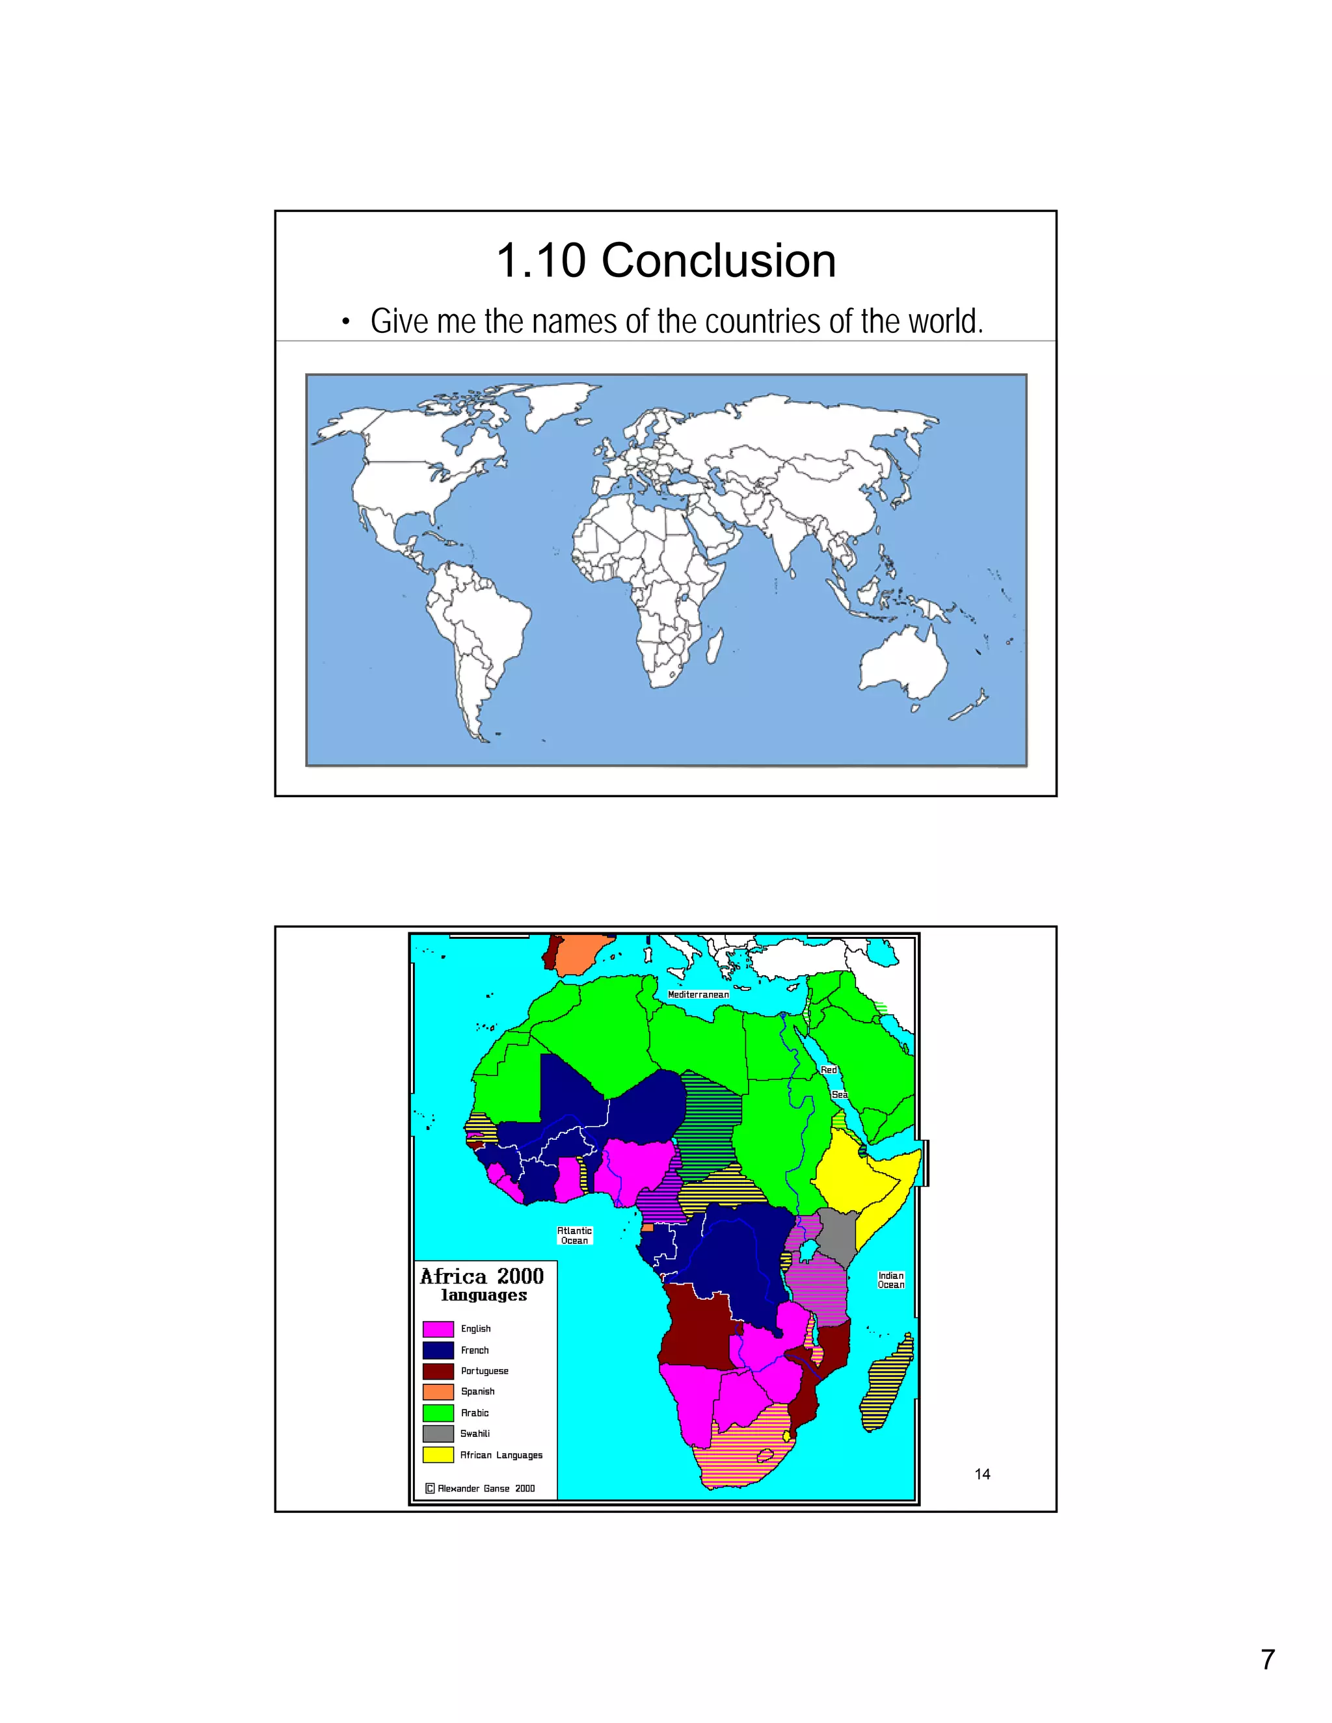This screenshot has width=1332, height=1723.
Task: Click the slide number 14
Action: (981, 1474)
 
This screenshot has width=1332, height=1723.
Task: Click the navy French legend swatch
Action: (438, 1350)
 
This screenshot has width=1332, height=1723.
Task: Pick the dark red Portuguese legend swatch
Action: (438, 1371)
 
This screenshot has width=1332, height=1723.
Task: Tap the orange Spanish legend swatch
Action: (438, 1391)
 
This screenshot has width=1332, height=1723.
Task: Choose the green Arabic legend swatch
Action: (438, 1413)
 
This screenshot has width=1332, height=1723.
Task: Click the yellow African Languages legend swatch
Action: (438, 1454)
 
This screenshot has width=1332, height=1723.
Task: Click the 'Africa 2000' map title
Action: (481, 1276)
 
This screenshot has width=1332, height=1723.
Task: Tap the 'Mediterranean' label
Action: (699, 995)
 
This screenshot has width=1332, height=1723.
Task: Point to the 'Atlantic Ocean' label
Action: (574, 1235)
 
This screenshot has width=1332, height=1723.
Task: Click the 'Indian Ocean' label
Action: (891, 1280)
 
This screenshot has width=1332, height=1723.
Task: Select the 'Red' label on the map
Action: (829, 1070)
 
